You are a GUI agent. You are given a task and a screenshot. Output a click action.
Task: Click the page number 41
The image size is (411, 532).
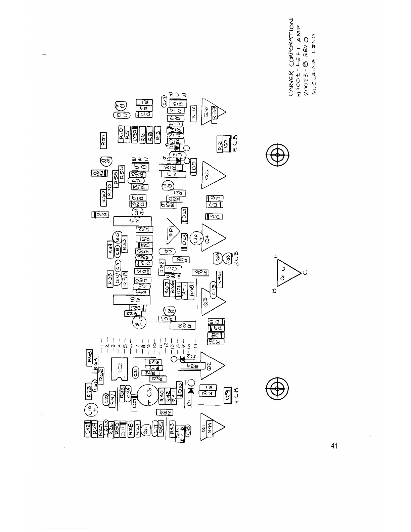pos(333,446)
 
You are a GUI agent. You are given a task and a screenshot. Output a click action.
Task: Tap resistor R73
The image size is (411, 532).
pos(89,392)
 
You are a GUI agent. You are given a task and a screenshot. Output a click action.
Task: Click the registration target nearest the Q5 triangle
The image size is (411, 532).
pos(277,154)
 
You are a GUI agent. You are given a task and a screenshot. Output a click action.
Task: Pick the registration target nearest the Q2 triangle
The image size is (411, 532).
pos(277,389)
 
